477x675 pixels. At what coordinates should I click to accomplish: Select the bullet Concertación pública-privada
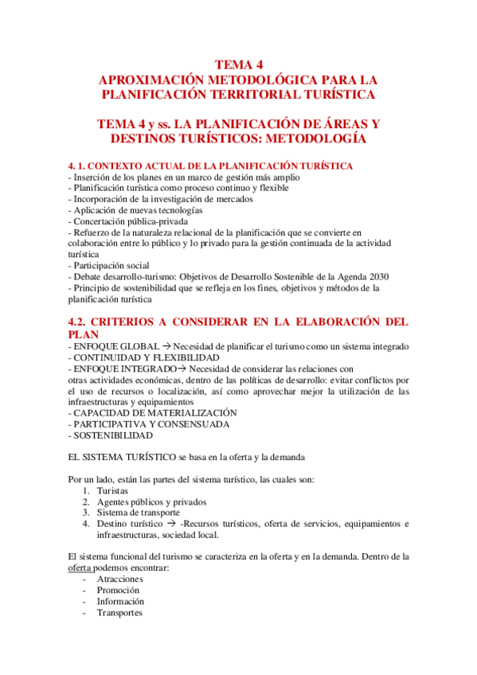[131, 220]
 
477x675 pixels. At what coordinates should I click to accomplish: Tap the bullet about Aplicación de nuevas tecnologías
[136, 209]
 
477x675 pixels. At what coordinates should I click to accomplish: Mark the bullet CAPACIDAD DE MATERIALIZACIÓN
[154, 413]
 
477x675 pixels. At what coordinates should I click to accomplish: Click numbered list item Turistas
[113, 491]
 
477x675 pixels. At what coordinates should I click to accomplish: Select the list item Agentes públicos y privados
[151, 502]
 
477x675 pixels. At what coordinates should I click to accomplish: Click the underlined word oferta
[80, 568]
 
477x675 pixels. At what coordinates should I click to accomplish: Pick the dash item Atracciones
[119, 579]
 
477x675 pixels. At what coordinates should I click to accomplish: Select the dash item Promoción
[119, 591]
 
